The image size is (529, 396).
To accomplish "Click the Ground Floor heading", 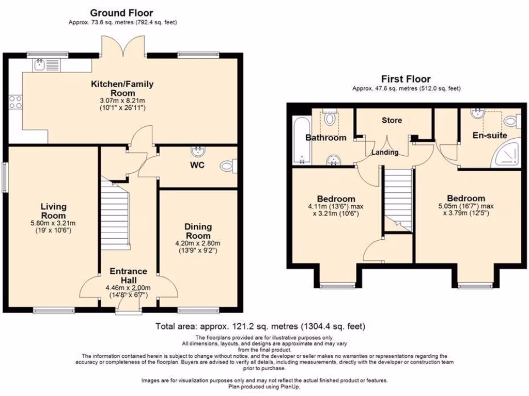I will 121,12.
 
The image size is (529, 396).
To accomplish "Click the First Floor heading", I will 406,79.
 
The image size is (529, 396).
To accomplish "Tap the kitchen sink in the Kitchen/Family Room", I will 40,64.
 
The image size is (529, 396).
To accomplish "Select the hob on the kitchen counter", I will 15,103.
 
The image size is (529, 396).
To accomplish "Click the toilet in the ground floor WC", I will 227,167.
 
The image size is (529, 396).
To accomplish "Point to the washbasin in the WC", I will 197,151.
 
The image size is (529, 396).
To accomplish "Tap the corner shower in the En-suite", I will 510,154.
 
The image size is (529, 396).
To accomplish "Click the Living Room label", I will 53,211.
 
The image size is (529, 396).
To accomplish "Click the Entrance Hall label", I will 128,275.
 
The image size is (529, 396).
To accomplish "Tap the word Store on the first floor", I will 392,120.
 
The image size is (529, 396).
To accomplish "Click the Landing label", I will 385,152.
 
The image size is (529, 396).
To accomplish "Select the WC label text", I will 198,166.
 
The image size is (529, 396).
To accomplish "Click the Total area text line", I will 261,326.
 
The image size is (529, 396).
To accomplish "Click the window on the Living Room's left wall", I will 5,178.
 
